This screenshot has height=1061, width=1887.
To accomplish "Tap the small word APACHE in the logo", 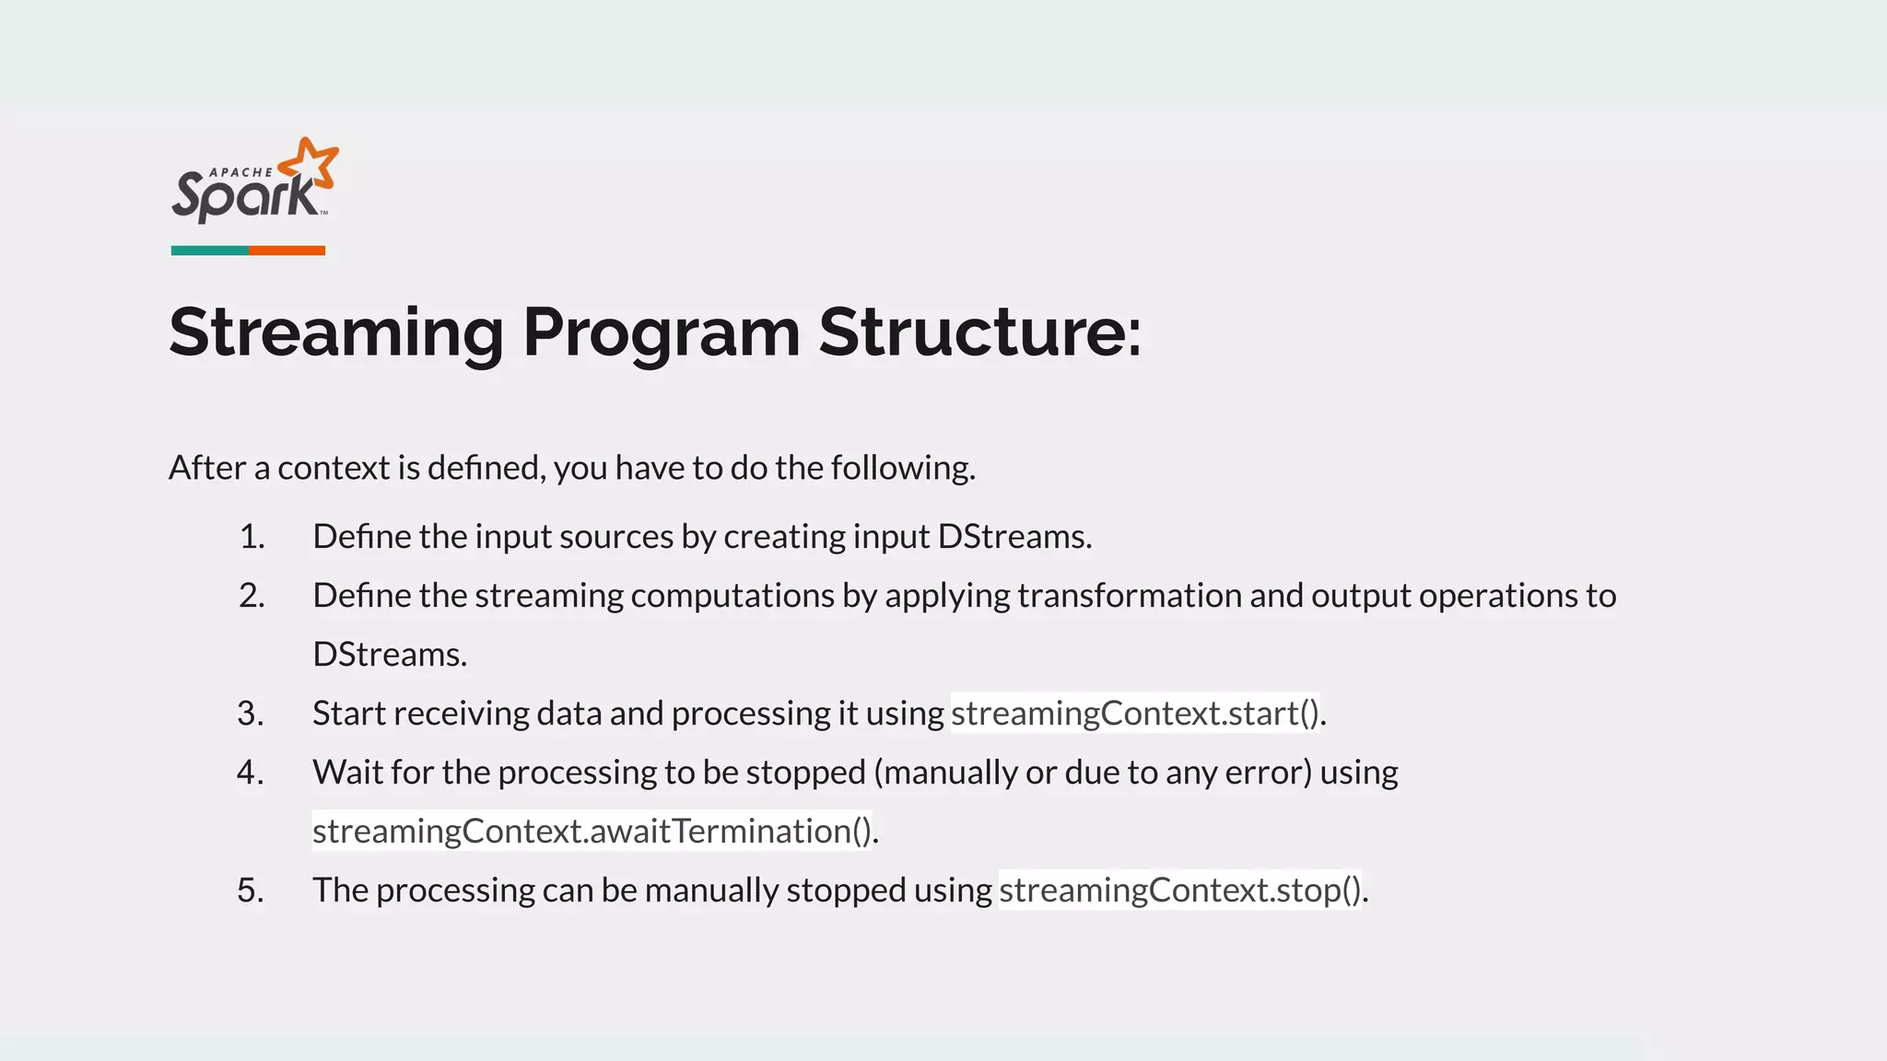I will pos(241,172).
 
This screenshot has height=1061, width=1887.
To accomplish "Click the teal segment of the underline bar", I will pos(209,251).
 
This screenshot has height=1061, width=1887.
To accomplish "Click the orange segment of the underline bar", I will pos(287,251).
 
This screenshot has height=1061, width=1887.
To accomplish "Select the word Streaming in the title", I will pos(336,332).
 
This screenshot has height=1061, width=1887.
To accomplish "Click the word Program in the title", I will pos(661,332).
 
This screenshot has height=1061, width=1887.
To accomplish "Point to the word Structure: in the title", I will pos(979,332).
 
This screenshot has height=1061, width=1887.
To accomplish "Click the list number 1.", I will pos(252,537).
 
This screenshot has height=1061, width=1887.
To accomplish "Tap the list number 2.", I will pos(252,596).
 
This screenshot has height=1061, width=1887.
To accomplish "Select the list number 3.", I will pos(251,714).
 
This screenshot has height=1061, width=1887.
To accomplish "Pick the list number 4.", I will pos(251,773).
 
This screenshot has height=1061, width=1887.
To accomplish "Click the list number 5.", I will pos(251,891).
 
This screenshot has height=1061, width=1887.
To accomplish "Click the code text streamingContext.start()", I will pos(1135,714).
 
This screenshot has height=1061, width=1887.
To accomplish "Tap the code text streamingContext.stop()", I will pos(1179,891).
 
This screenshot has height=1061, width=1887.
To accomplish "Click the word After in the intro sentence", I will pos(207,468).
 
